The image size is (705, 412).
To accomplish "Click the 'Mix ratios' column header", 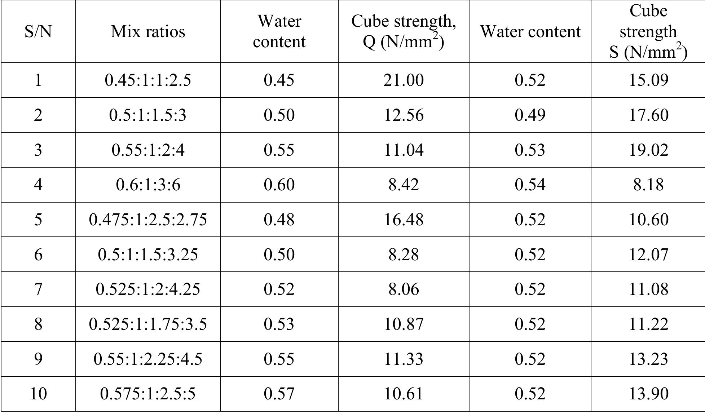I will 148,32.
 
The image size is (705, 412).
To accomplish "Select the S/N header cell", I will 38,32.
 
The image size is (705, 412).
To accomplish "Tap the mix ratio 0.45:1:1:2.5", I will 148,80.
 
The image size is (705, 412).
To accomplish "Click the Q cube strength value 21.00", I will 404,80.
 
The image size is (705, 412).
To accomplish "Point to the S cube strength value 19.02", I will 648,150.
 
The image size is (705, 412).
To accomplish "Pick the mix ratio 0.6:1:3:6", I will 148,185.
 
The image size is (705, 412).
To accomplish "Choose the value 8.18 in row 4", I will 648,185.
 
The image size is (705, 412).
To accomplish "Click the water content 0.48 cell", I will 279,220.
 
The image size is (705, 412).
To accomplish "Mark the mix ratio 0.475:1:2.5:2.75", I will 148,220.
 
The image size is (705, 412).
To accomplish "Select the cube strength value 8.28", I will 404,254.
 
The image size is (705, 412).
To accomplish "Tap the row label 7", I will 38,289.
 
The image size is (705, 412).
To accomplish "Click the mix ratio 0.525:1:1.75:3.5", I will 148,324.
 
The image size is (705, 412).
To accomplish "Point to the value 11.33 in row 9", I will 404,359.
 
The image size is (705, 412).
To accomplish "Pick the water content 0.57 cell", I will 279,394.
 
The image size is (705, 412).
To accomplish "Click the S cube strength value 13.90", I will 648,394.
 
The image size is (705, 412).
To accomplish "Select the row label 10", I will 38,394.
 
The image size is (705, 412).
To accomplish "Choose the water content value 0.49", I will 530,115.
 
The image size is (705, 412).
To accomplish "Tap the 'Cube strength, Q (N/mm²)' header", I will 404,32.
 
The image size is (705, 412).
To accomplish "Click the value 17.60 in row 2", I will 648,115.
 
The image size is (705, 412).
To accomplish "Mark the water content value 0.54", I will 530,185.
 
